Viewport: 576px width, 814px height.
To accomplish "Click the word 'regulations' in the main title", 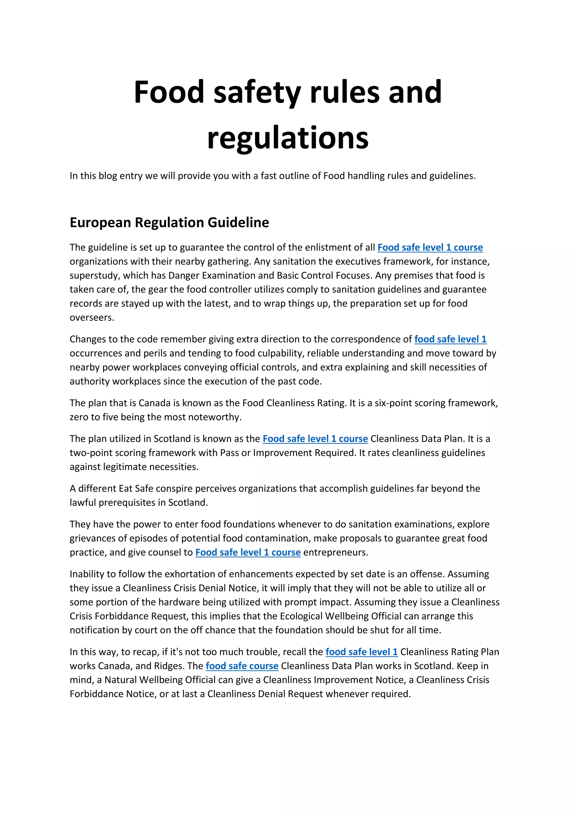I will click(x=288, y=138).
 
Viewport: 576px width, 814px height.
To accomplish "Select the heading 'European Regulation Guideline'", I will click(x=169, y=223).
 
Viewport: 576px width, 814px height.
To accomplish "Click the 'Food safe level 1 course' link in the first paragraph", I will click(x=430, y=247).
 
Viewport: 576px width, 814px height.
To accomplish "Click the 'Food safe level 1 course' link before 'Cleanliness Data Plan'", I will click(x=315, y=439).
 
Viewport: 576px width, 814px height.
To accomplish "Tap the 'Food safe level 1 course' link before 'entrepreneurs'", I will click(x=248, y=552).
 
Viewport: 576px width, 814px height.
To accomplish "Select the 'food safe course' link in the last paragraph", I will click(x=242, y=666).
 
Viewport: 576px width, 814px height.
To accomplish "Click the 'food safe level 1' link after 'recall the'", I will click(x=361, y=652).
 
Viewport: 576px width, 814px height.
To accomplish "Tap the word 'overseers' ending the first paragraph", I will click(x=91, y=318).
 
